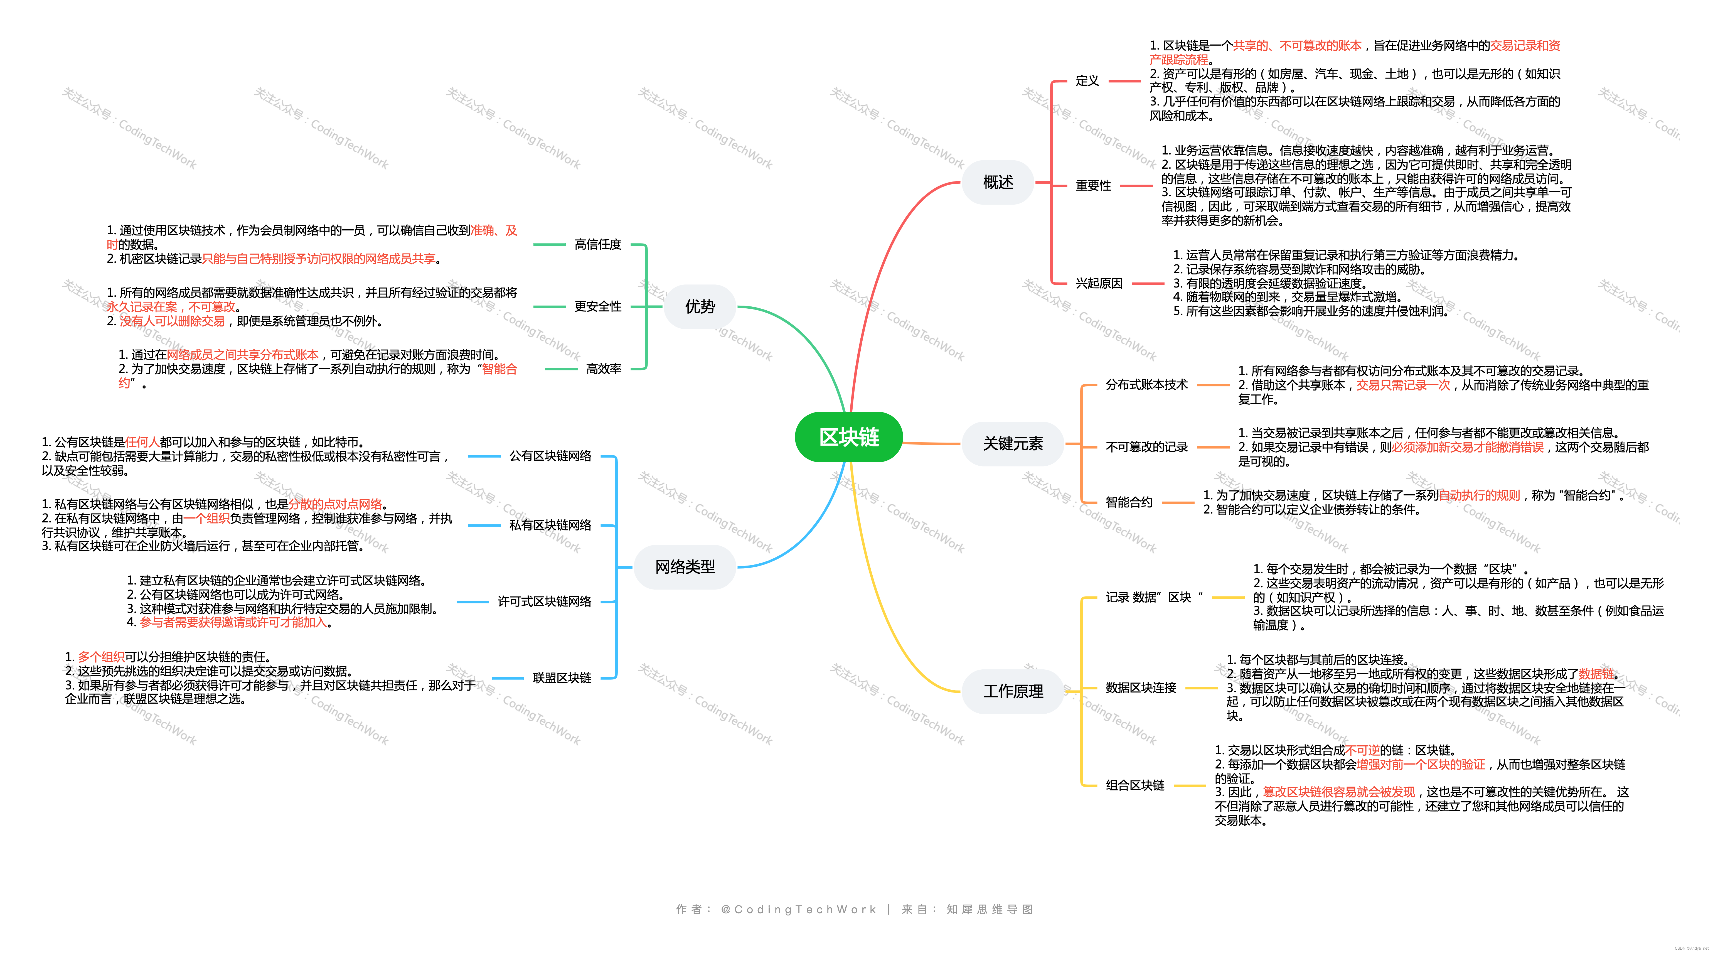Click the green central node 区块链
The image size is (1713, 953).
tap(848, 437)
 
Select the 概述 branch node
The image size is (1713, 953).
tap(998, 182)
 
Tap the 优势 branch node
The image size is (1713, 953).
tap(700, 307)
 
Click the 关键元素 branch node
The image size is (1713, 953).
tap(1012, 444)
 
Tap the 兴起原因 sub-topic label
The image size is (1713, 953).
tap(1099, 283)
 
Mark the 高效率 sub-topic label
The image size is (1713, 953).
tap(603, 369)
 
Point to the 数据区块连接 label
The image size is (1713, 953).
tap(1140, 688)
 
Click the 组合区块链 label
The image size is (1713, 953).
tap(1134, 785)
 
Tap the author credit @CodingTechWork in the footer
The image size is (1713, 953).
tap(798, 909)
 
